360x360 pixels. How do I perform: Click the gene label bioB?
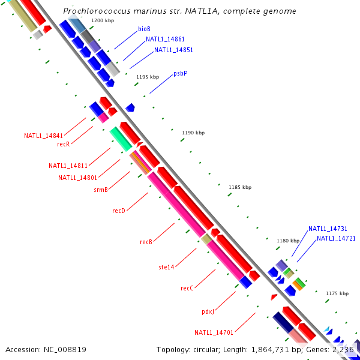[144, 29]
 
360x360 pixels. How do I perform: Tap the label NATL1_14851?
[173, 50]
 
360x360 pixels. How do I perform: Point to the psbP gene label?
[181, 73]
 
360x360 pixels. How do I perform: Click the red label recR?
[64, 144]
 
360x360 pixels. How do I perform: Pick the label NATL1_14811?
[68, 166]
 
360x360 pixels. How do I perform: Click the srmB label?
[101, 190]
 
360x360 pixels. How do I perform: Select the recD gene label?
[119, 211]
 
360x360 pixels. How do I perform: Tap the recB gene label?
[146, 242]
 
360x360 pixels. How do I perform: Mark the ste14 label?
[166, 266]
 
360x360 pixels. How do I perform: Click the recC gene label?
[187, 288]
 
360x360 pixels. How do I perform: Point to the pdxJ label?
[208, 312]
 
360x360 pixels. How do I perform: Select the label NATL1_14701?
[214, 332]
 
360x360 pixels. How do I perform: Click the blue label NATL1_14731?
[328, 229]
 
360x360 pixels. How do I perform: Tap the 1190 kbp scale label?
[193, 133]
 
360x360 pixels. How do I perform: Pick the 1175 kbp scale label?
[337, 293]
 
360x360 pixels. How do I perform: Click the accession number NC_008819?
[66, 349]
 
